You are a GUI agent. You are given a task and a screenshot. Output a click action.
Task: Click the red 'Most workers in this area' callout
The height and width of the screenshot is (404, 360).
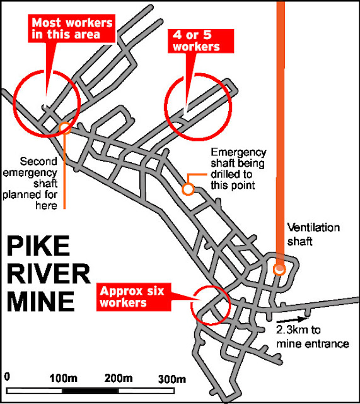[x=71, y=28]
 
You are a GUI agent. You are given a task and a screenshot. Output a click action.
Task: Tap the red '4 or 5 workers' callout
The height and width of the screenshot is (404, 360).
[x=200, y=40]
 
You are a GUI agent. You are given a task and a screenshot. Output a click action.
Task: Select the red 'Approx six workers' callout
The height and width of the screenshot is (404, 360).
[x=134, y=297]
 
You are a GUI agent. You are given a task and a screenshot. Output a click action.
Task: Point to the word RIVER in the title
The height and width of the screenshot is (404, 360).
[x=49, y=273]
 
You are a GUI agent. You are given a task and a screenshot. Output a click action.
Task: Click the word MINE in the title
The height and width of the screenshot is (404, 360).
[x=40, y=302]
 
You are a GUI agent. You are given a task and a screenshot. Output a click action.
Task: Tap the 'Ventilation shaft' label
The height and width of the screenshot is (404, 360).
[x=313, y=234]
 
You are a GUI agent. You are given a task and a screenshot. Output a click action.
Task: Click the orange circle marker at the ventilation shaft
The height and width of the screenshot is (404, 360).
[x=279, y=270]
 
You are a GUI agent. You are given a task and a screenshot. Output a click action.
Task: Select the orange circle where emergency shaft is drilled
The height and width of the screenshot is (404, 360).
[x=188, y=189]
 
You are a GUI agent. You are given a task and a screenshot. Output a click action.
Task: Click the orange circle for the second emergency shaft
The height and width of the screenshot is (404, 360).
[x=64, y=128]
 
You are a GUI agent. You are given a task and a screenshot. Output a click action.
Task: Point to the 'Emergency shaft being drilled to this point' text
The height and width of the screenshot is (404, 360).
[x=238, y=169]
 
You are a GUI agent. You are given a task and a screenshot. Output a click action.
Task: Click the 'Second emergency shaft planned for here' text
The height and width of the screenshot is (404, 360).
[x=30, y=184]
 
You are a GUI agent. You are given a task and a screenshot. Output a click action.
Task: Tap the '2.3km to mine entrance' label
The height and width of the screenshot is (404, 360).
[x=312, y=336]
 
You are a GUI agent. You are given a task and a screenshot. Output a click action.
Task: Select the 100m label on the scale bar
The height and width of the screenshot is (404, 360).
[x=63, y=379]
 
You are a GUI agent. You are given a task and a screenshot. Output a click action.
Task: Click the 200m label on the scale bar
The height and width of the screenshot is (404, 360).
[x=119, y=379]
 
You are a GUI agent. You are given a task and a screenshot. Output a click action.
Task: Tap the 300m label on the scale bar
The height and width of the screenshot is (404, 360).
[x=171, y=379]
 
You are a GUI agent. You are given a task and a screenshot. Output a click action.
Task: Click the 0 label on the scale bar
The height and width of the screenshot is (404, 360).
[x=7, y=377]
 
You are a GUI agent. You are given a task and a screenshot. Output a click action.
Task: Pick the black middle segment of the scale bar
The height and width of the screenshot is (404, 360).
[x=90, y=391]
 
